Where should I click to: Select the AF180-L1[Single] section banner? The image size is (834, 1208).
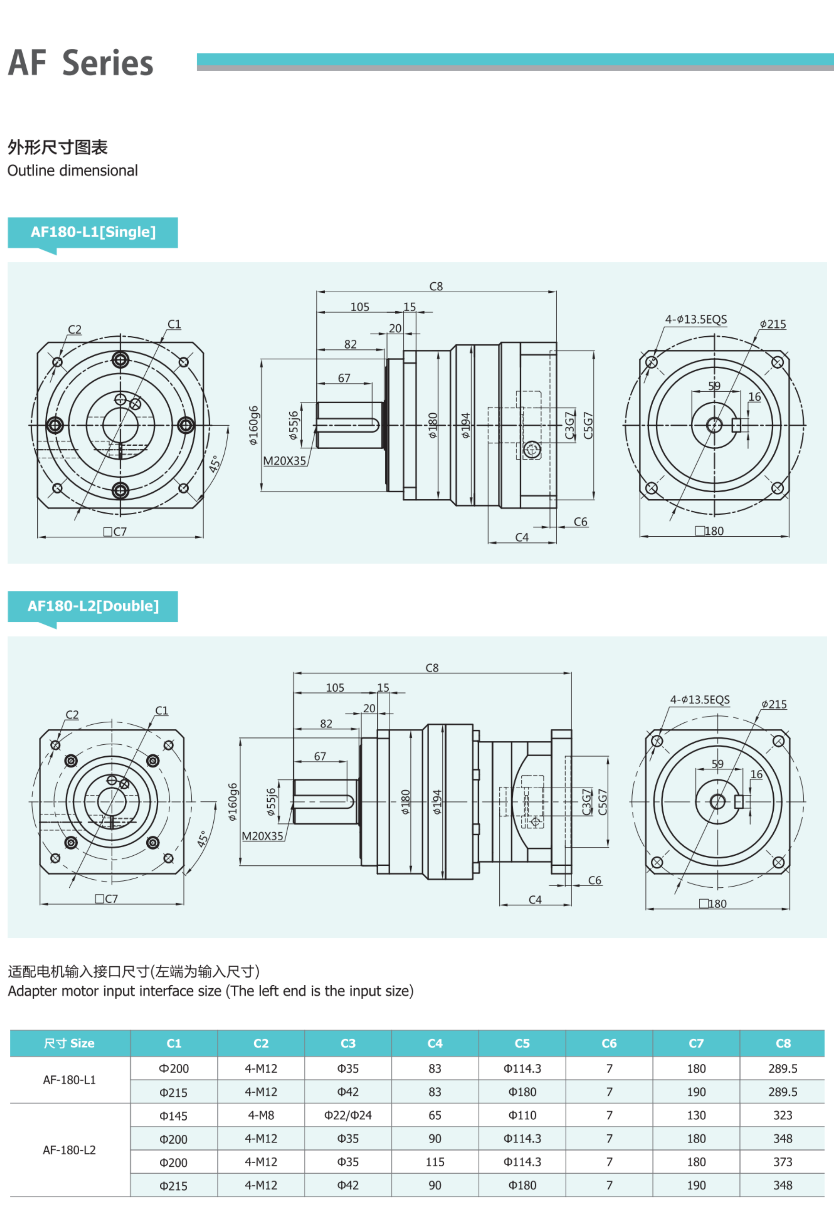click(x=93, y=232)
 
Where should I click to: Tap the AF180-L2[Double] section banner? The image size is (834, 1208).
click(x=93, y=606)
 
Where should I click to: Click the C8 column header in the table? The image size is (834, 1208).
click(x=783, y=1043)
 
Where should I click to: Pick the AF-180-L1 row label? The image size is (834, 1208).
click(x=70, y=1080)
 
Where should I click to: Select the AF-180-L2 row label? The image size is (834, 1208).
click(x=70, y=1150)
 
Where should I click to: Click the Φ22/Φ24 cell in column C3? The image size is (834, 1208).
click(x=348, y=1116)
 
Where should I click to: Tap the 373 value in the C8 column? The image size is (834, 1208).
click(x=783, y=1162)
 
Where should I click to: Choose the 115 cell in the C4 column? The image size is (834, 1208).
click(x=435, y=1162)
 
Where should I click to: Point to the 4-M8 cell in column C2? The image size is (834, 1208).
click(x=261, y=1116)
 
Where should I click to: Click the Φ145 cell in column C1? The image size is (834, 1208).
click(x=174, y=1116)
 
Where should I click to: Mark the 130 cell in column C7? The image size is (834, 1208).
click(x=696, y=1116)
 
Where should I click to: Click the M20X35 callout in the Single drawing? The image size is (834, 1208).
click(x=284, y=461)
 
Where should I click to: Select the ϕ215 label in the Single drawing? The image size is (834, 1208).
click(x=773, y=324)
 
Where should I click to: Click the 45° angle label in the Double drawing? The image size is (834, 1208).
click(x=203, y=839)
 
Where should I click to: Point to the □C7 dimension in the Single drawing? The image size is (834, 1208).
click(x=115, y=532)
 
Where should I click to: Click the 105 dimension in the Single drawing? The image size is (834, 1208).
click(x=360, y=307)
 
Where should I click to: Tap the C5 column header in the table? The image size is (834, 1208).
click(x=522, y=1043)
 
